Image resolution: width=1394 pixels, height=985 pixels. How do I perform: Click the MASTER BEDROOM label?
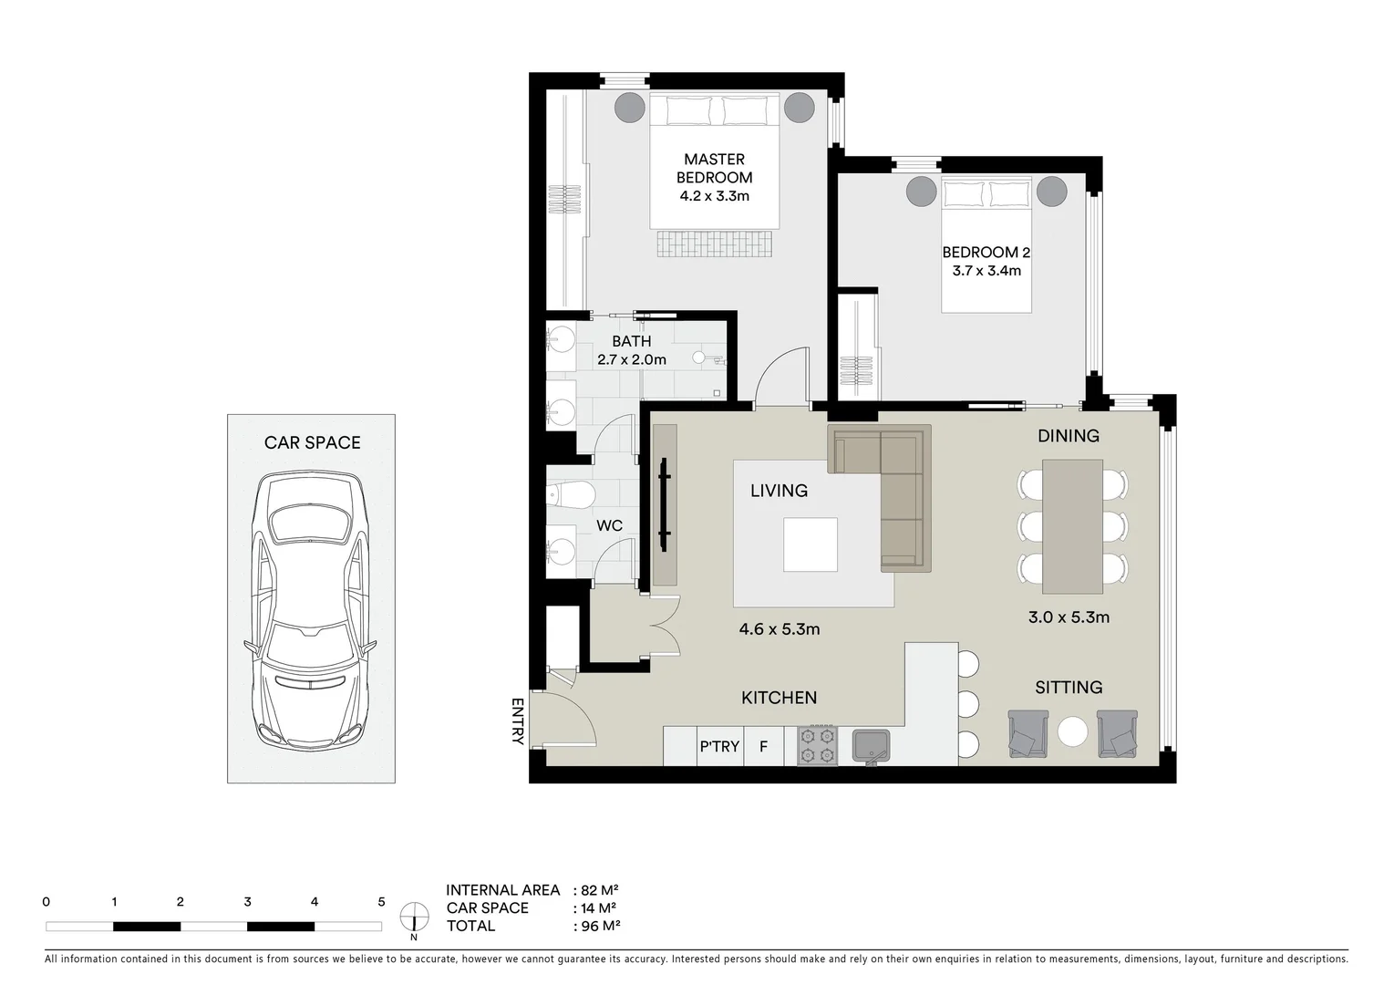coord(714,169)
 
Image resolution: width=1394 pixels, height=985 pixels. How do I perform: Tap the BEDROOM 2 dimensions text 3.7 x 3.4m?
coord(986,271)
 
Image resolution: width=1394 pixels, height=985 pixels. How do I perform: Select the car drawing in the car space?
coord(310,609)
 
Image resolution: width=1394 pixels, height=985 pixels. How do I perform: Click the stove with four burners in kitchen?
coord(817,745)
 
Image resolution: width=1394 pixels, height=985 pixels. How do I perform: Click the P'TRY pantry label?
coord(719,746)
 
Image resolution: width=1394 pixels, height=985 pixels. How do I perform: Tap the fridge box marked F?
coord(764,746)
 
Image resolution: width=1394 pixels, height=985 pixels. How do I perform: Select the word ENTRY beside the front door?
coord(518,721)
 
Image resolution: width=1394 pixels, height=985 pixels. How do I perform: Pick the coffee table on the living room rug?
coord(811,544)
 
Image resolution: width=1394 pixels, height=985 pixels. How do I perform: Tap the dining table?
coord(1072,526)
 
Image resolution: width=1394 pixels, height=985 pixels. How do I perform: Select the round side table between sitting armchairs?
coord(1072,732)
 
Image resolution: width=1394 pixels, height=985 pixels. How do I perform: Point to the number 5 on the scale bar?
coord(381,902)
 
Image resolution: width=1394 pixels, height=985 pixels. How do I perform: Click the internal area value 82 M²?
coord(600,890)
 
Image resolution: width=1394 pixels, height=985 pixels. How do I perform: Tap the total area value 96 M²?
coord(601,926)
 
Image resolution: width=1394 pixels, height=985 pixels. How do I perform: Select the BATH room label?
coord(631,341)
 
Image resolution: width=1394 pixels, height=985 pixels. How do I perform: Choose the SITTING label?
coord(1069,688)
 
